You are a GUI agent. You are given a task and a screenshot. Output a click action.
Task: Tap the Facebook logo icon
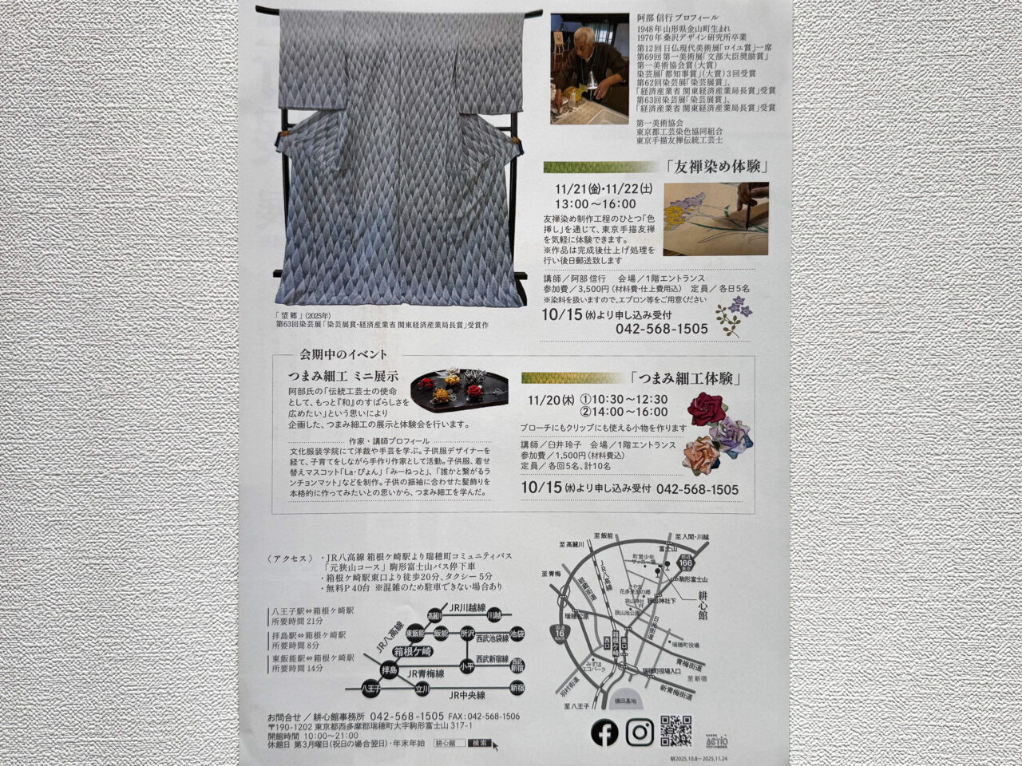click(604, 732)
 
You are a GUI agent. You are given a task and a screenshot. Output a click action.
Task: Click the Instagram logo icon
click(640, 732)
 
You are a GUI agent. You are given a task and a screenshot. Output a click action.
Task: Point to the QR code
click(675, 731)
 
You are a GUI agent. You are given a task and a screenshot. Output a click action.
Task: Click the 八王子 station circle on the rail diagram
click(371, 687)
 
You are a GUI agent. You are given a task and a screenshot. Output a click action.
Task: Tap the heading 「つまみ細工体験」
click(686, 378)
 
